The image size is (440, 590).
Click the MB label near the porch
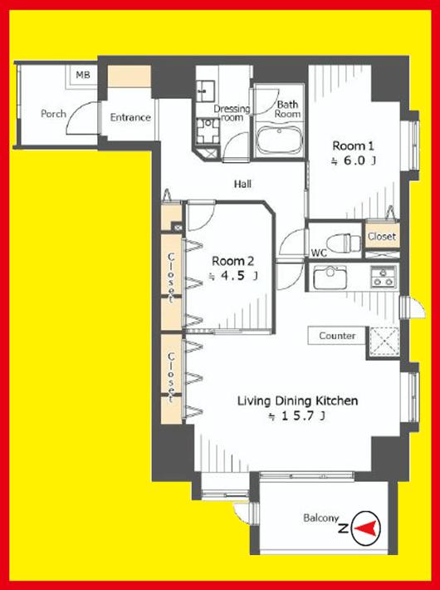pyautogui.click(x=82, y=76)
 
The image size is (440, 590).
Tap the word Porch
pyautogui.click(x=54, y=113)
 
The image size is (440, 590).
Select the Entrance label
pyautogui.click(x=130, y=117)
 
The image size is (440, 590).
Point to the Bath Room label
pyautogui.click(x=287, y=110)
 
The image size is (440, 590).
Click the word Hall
pyautogui.click(x=242, y=184)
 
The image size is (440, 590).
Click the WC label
pyautogui.click(x=318, y=252)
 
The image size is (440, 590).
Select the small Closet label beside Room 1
pyautogui.click(x=382, y=237)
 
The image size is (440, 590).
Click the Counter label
pyautogui.click(x=336, y=336)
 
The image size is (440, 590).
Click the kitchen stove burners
pyautogui.click(x=382, y=277)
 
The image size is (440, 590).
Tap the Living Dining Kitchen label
pyautogui.click(x=297, y=401)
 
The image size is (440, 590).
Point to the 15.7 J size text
pyautogui.click(x=296, y=418)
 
